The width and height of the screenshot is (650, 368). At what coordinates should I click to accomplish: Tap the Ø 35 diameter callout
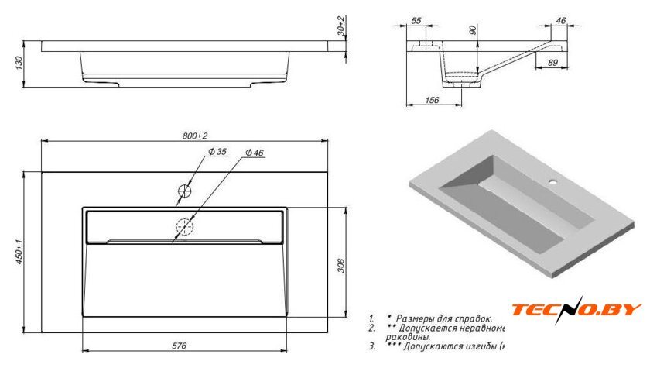click(x=217, y=152)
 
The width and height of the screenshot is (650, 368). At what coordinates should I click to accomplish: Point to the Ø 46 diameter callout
click(x=255, y=153)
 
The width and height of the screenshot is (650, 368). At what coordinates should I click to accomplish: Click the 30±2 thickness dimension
click(x=341, y=28)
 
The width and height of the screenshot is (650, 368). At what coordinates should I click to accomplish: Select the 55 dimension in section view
click(x=416, y=21)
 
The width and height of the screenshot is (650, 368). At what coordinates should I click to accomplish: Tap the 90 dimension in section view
click(x=474, y=32)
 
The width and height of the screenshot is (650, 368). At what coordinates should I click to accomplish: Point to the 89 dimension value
click(x=553, y=62)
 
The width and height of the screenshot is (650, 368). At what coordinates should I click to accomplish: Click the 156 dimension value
click(x=433, y=100)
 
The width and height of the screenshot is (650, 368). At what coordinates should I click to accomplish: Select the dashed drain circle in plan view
click(x=186, y=227)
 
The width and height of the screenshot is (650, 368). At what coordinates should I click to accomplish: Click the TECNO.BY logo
click(x=576, y=311)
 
